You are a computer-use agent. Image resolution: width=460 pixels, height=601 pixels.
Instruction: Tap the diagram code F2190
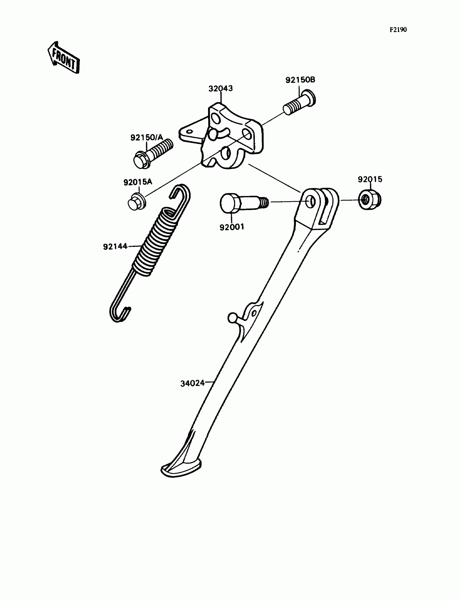click(x=398, y=30)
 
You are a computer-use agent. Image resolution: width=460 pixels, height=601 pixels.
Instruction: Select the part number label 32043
click(x=221, y=89)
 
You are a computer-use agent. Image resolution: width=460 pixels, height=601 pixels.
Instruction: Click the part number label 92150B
click(x=300, y=80)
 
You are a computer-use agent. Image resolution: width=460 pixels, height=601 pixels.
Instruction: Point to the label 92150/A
click(x=146, y=138)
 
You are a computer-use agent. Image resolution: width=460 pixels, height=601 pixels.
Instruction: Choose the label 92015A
click(x=137, y=182)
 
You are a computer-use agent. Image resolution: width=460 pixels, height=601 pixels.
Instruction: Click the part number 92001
click(x=232, y=227)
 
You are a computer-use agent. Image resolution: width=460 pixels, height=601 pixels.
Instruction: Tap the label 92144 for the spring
click(x=115, y=247)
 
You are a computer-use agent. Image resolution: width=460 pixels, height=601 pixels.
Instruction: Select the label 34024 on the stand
click(x=192, y=384)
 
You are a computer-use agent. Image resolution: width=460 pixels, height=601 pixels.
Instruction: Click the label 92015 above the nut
click(x=370, y=180)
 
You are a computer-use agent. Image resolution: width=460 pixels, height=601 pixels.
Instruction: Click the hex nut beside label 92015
click(x=370, y=200)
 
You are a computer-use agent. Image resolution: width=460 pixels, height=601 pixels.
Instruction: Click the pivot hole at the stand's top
click(x=311, y=202)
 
